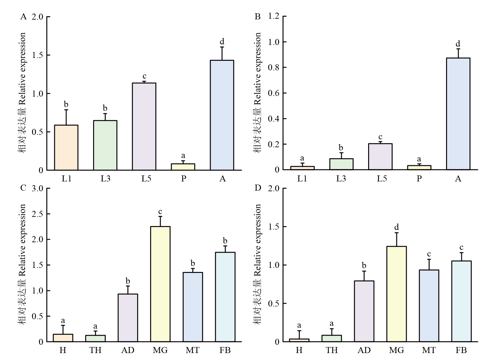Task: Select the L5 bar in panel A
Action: pyautogui.click(x=144, y=126)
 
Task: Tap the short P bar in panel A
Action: pyautogui.click(x=183, y=167)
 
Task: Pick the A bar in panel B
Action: pyautogui.click(x=458, y=114)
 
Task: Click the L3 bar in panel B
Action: pyautogui.click(x=341, y=164)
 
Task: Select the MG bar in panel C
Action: pyautogui.click(x=160, y=284)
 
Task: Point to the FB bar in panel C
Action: pyautogui.click(x=225, y=297)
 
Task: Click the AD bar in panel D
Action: pyautogui.click(x=364, y=311)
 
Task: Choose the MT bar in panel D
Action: pyautogui.click(x=429, y=306)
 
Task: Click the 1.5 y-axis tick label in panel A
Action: pyautogui.click(x=37, y=55)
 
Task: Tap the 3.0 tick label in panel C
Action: pyautogui.click(x=37, y=188)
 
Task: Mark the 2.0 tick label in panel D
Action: pyautogui.click(x=274, y=188)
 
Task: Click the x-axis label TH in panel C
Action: pyautogui.click(x=95, y=350)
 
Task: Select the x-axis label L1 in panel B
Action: pyautogui.click(x=302, y=179)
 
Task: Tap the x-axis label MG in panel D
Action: pyautogui.click(x=396, y=350)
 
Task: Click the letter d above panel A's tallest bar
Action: pyautogui.click(x=222, y=41)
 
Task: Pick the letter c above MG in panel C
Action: pyautogui.click(x=160, y=212)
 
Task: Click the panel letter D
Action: pyautogui.click(x=258, y=188)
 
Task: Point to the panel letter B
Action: pyautogui.click(x=258, y=16)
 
